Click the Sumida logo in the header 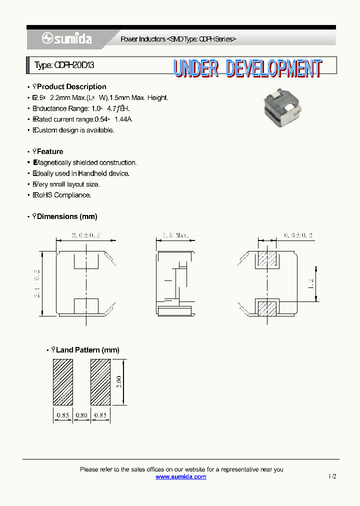[x=66, y=38]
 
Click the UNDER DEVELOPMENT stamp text [x=248, y=68]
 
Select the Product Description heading [x=71, y=86]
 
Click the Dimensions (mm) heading [x=67, y=216]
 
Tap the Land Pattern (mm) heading [x=87, y=350]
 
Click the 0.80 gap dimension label [x=81, y=414]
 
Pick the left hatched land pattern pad [x=63, y=382]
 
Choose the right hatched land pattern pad [x=100, y=382]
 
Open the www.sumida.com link [x=181, y=476]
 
